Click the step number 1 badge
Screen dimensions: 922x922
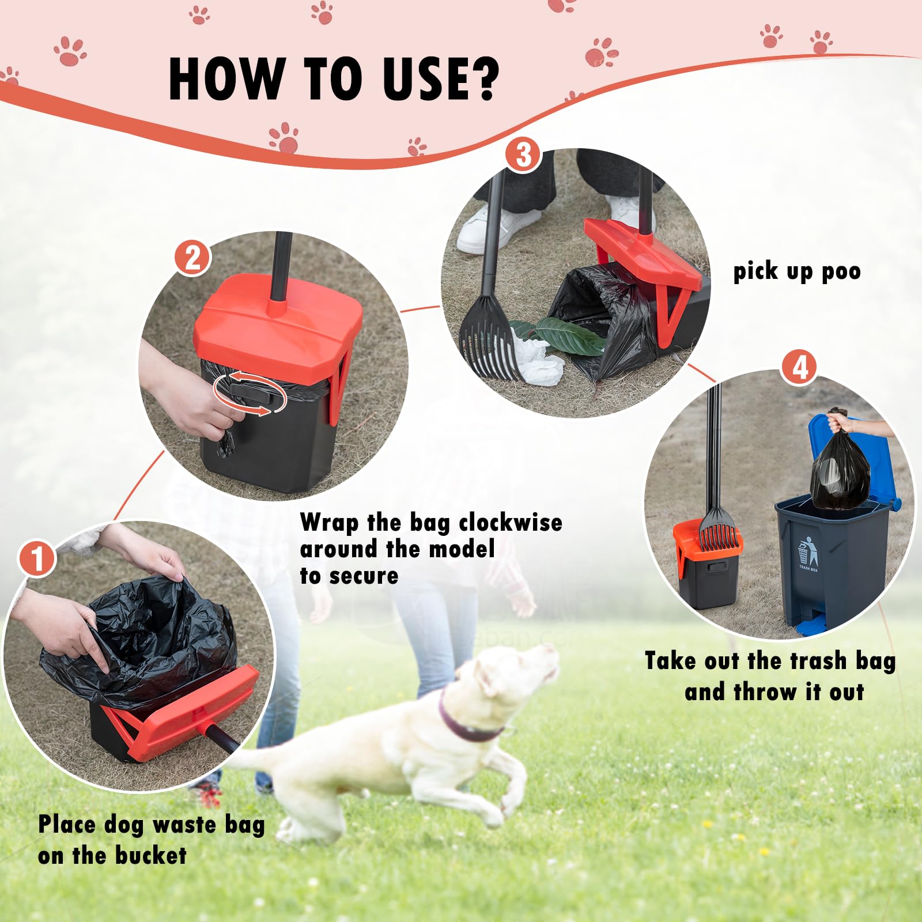tap(37, 558)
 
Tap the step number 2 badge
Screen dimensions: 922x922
tap(192, 258)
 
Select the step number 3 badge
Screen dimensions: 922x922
tap(523, 155)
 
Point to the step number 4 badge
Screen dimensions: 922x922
tap(800, 368)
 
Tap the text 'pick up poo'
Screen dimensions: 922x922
tap(796, 271)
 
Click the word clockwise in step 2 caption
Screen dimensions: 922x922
tap(511, 523)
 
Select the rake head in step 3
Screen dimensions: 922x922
tap(489, 340)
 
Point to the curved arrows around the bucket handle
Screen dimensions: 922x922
tap(250, 393)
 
